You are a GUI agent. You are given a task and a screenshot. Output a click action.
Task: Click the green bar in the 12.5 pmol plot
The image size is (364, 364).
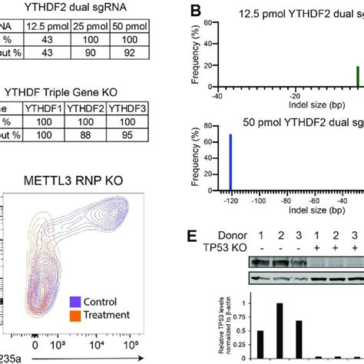(357, 78)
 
